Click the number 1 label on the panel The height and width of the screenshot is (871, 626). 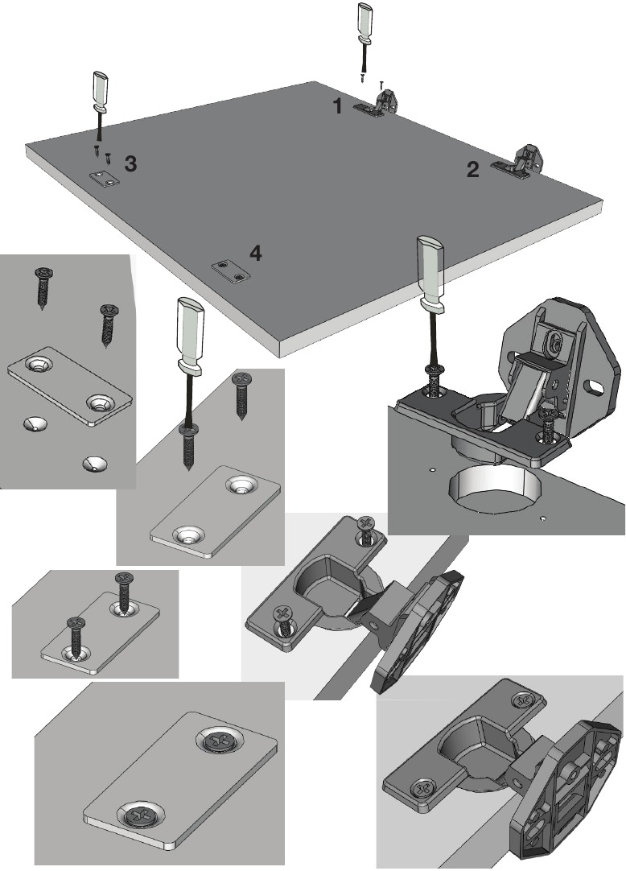click(338, 105)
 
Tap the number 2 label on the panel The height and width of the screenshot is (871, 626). click(472, 169)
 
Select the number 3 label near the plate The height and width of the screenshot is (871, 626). click(130, 163)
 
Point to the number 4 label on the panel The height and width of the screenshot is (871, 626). click(255, 254)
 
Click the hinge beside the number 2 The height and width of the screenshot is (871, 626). click(519, 162)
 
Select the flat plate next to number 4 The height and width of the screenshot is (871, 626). click(231, 271)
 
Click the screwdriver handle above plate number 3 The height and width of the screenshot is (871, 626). click(101, 89)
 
